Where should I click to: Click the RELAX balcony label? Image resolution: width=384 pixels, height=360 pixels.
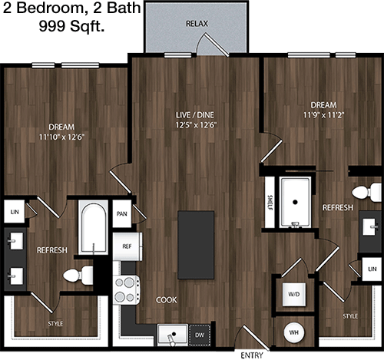(x=197, y=24)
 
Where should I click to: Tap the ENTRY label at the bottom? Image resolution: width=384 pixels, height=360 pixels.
(x=252, y=355)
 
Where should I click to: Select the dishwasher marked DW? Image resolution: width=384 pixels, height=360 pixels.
(x=200, y=335)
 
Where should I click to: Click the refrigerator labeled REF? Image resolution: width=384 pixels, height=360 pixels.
(x=127, y=246)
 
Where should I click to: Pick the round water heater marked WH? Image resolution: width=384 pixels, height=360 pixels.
(x=293, y=332)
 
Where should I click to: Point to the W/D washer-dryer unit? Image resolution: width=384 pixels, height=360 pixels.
(x=294, y=295)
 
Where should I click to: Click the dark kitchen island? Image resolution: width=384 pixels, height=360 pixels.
(x=196, y=245)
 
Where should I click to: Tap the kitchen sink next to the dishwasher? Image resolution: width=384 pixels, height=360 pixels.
(x=173, y=335)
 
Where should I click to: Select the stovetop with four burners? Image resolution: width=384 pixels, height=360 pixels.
(x=127, y=290)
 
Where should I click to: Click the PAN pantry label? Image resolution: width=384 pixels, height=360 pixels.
(x=122, y=213)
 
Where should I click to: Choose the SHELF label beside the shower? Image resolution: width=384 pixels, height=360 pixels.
(x=270, y=203)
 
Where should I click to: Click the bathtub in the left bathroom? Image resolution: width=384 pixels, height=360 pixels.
(x=93, y=227)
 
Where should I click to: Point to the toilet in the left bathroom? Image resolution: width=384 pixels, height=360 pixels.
(x=78, y=276)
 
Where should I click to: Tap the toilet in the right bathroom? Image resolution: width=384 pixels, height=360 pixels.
(x=366, y=193)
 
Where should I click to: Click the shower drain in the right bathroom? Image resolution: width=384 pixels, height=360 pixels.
(x=295, y=202)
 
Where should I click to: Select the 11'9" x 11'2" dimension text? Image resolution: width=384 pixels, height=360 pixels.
(x=323, y=115)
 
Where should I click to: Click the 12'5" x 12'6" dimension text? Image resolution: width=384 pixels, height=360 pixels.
(x=196, y=125)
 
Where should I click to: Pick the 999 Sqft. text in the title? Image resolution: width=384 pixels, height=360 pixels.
(x=71, y=26)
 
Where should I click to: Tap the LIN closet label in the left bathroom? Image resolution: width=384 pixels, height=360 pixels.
(x=15, y=212)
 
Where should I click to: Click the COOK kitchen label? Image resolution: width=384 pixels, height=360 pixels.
(x=167, y=299)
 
